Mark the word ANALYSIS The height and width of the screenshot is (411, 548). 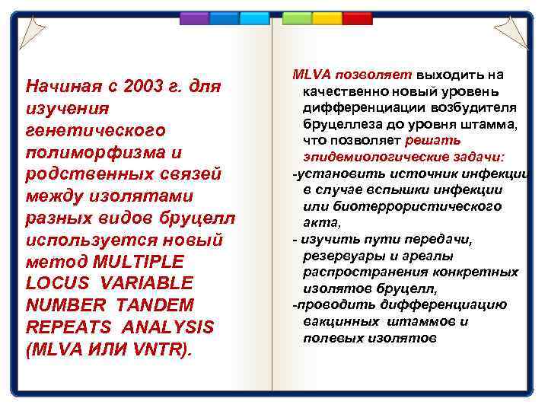(x=161, y=327)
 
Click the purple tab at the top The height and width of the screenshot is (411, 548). (x=194, y=18)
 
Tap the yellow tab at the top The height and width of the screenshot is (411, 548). (x=327, y=18)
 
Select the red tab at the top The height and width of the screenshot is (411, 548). (x=357, y=18)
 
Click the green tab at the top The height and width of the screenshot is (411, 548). (x=297, y=18)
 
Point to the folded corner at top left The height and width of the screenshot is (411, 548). (x=32, y=32)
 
